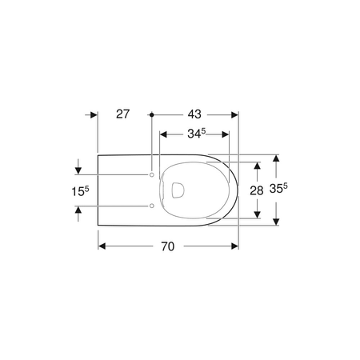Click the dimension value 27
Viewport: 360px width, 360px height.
[123, 114]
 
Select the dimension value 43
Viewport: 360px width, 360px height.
[194, 114]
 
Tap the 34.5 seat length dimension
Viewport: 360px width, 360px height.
[197, 134]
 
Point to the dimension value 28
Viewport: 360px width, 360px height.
[257, 190]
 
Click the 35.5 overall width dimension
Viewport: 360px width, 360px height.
[278, 189]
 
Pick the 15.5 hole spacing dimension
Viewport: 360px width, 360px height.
[80, 191]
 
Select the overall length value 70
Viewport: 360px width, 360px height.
[168, 246]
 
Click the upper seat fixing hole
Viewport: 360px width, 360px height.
[152, 174]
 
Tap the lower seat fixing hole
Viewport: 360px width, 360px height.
[152, 206]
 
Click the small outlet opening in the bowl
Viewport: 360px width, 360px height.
[178, 190]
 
